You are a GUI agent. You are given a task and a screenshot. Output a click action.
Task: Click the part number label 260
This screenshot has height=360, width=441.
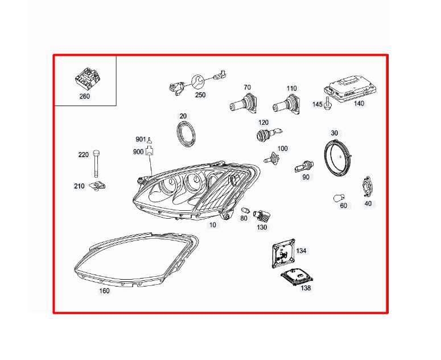(x=84, y=96)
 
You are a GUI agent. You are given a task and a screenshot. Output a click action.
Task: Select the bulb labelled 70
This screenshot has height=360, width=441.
(x=244, y=105)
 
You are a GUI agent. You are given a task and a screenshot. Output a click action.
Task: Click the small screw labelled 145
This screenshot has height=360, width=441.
(x=328, y=107)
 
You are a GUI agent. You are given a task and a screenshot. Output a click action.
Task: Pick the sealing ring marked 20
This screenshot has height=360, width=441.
(x=184, y=133)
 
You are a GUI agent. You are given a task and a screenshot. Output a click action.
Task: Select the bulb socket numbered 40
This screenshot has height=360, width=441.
(x=368, y=187)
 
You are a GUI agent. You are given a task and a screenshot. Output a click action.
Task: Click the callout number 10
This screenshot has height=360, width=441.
(x=212, y=225)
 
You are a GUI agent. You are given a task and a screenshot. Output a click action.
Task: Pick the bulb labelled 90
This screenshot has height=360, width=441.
(x=304, y=167)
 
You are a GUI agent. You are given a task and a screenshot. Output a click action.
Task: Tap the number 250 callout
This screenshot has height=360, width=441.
(x=200, y=95)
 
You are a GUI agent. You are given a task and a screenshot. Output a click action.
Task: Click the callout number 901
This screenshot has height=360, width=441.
(x=141, y=140)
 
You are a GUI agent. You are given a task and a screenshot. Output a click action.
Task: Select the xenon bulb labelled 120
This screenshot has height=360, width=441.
(x=264, y=135)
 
